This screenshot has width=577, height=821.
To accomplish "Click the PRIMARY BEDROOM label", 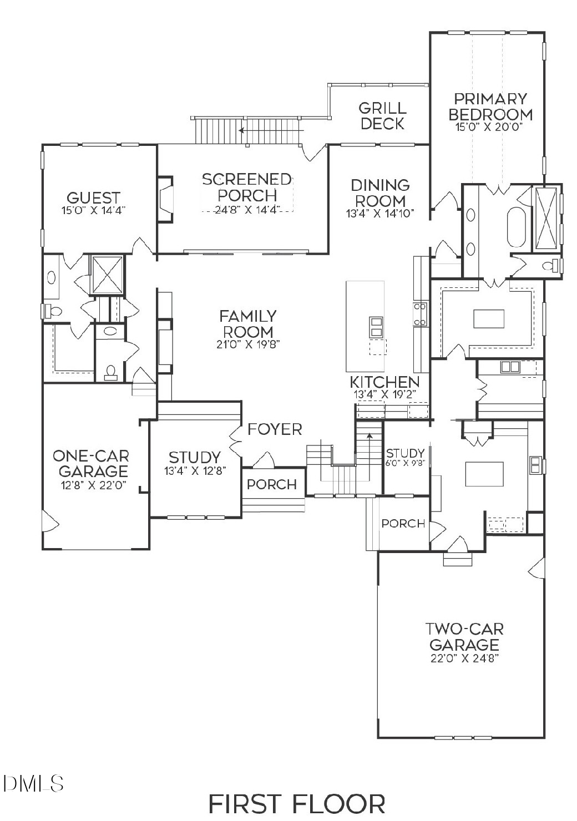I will (x=490, y=107).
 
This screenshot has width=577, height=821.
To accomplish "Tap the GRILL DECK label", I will (x=382, y=115).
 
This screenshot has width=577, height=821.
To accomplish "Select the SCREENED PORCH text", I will (x=247, y=187).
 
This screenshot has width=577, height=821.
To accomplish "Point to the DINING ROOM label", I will (x=380, y=192).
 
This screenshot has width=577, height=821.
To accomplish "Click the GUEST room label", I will (x=93, y=197).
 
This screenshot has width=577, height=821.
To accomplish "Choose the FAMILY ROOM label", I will (x=247, y=324).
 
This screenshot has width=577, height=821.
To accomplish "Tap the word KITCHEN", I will (x=384, y=382).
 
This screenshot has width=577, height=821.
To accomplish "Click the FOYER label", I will (x=275, y=429).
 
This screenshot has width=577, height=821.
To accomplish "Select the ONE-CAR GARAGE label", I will (x=90, y=464).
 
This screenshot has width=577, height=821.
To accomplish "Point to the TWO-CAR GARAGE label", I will (x=464, y=637).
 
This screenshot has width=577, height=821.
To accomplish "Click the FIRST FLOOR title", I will (x=296, y=803).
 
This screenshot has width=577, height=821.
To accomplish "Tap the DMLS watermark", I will (x=33, y=783).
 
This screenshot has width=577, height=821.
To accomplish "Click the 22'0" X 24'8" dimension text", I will (x=464, y=659).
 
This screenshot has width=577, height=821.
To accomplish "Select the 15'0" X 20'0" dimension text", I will (x=490, y=128).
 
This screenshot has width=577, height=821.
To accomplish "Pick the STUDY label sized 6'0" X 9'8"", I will (x=405, y=453).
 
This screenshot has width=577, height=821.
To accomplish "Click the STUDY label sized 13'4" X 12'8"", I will (x=195, y=457).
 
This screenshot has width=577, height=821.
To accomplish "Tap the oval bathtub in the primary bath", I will (x=516, y=227).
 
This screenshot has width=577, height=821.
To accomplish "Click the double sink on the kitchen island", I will (x=376, y=327).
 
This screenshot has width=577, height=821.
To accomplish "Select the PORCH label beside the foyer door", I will (x=271, y=484).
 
